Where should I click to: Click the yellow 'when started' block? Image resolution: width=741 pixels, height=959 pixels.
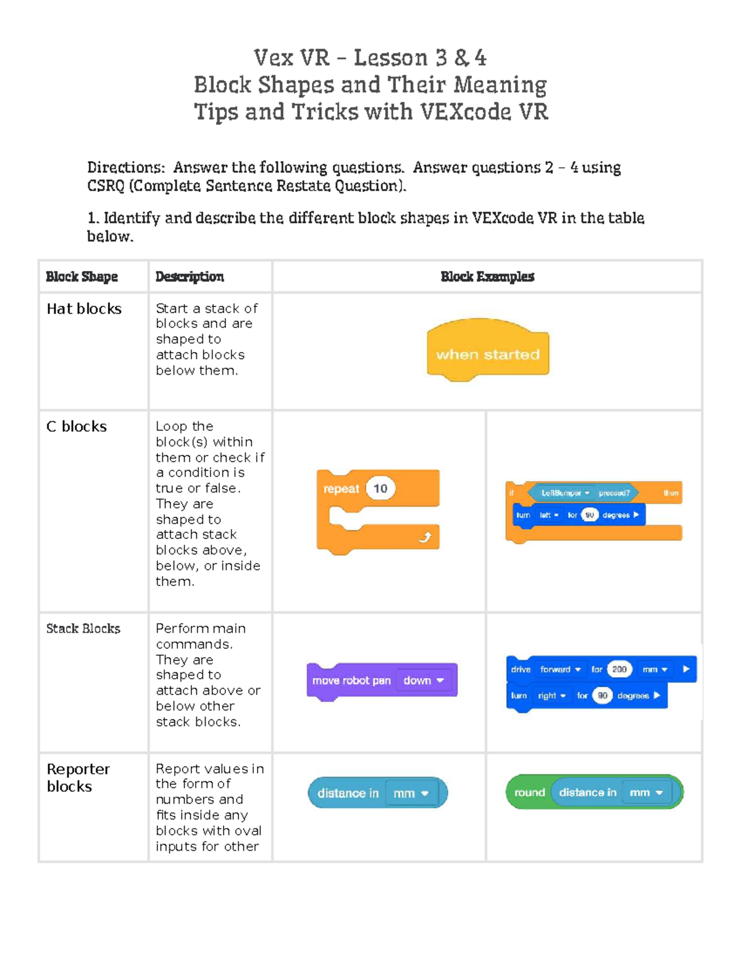(x=488, y=350)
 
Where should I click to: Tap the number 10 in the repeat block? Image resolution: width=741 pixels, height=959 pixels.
(x=380, y=488)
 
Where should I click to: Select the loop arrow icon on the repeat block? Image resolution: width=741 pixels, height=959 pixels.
(x=425, y=537)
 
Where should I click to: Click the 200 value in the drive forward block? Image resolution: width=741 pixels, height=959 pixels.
(x=619, y=669)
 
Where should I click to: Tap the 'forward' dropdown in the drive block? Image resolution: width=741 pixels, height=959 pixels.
(x=560, y=669)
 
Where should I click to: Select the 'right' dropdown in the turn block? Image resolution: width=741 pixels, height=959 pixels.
(x=551, y=695)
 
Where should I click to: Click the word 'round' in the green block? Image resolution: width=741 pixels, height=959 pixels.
(x=530, y=792)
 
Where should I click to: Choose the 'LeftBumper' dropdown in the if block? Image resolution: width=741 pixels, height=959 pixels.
(x=566, y=493)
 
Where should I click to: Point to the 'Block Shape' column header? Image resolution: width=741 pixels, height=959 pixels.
(x=82, y=277)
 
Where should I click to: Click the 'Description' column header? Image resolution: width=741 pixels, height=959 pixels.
(x=190, y=277)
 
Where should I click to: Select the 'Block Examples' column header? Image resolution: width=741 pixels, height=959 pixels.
(x=487, y=277)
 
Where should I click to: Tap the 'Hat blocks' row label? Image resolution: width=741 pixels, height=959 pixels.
(x=84, y=309)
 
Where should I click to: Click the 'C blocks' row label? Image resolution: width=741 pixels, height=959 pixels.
(x=77, y=427)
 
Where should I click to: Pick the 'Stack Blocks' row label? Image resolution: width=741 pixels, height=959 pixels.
(x=83, y=629)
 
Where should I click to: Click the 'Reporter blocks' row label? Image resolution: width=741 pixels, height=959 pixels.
(x=78, y=777)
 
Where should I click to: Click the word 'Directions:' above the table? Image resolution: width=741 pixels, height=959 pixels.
(x=126, y=167)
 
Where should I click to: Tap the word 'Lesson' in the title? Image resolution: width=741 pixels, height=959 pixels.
(x=391, y=58)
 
